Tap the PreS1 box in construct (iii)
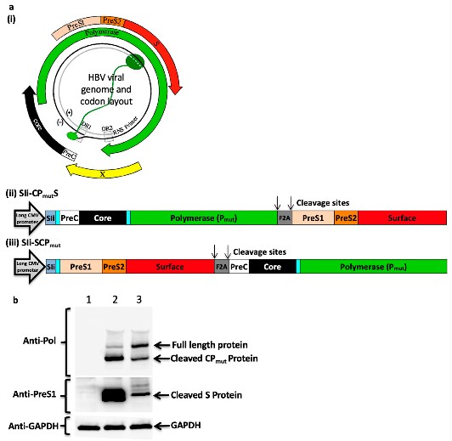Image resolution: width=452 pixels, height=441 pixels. pyautogui.click(x=81, y=268)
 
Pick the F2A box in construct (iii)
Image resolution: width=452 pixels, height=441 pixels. pyautogui.click(x=222, y=268)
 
